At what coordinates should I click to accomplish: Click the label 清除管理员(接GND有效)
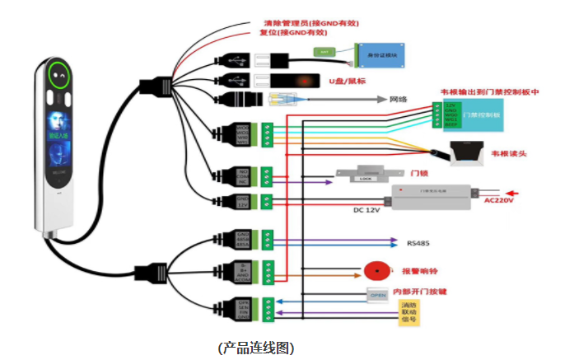click(311, 23)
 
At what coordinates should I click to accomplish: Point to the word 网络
click(399, 99)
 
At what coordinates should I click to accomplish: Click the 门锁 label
click(418, 173)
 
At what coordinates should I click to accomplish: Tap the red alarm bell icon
click(376, 271)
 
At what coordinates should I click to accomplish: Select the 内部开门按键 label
click(425, 292)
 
